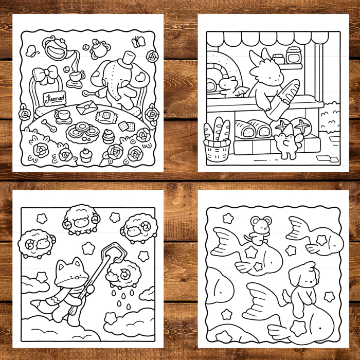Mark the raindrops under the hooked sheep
coord(122,298)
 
